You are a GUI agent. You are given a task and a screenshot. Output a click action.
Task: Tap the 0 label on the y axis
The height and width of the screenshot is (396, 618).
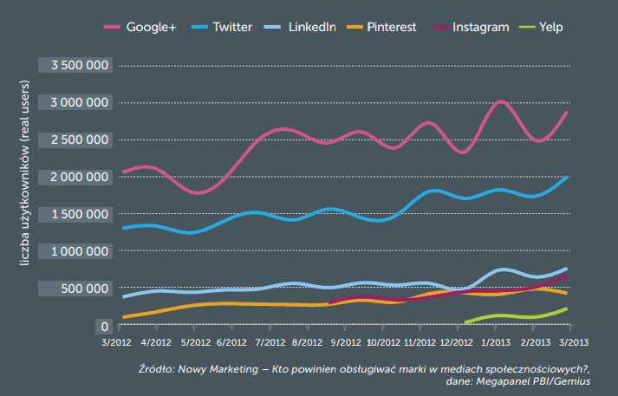click(x=105, y=326)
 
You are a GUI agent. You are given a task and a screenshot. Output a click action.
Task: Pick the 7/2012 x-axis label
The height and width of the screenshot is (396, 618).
click(x=270, y=343)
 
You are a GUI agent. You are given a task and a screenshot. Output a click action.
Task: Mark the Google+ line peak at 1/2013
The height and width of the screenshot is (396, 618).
click(x=500, y=102)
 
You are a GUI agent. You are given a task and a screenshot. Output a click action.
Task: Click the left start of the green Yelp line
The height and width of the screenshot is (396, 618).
click(x=466, y=322)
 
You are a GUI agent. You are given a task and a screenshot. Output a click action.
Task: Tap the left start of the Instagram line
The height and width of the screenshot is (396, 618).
click(x=329, y=303)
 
